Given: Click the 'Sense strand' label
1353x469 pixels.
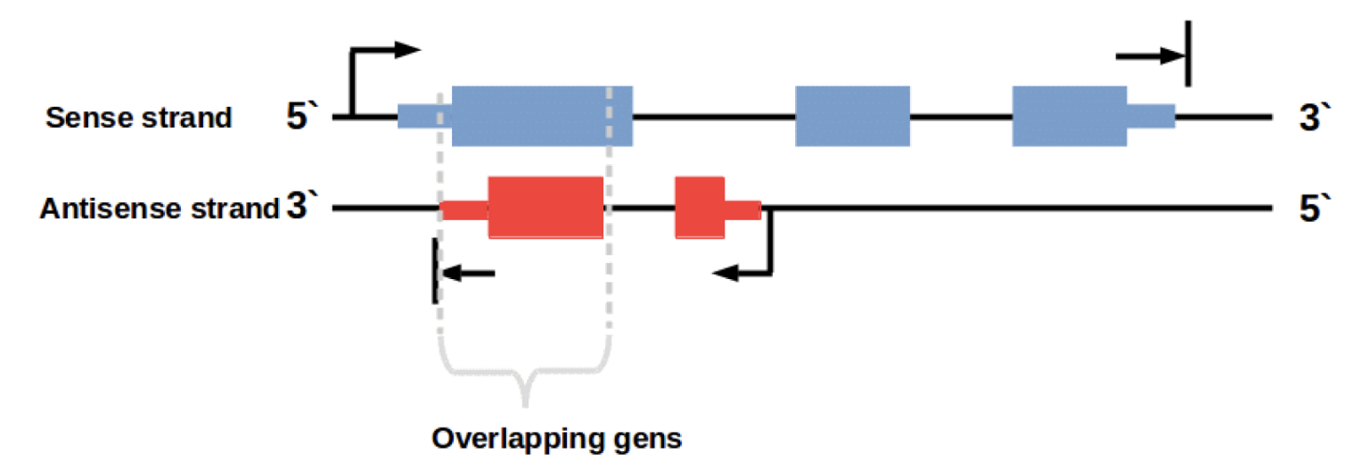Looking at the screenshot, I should (x=138, y=118).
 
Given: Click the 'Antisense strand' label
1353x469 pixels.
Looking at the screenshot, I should (x=160, y=210).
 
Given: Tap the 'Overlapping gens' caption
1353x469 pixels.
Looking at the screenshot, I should (x=556, y=438).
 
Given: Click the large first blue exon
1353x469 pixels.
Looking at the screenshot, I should (x=542, y=116).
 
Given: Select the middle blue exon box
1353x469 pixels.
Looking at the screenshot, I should (x=852, y=116).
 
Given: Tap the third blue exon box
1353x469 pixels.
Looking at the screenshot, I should (x=1069, y=116).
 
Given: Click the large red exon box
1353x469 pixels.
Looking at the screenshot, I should (x=545, y=208).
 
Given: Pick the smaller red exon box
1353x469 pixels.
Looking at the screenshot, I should (x=699, y=208).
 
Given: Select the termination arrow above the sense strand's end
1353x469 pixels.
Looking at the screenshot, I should (x=1154, y=56).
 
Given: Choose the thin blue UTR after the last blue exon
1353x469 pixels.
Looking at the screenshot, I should (x=1151, y=116).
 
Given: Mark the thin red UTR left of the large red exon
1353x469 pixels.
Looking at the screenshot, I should (x=464, y=210).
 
